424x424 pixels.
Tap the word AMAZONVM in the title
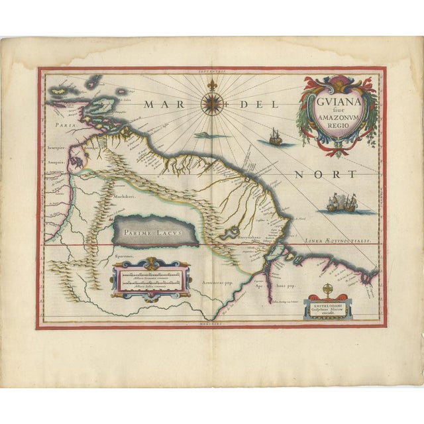click(338, 120)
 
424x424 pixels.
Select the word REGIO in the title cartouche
click(337, 129)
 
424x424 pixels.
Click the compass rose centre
click(212, 103)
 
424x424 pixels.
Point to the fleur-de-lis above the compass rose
click(212, 86)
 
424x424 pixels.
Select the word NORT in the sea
click(324, 174)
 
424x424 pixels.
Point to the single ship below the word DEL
click(274, 137)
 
